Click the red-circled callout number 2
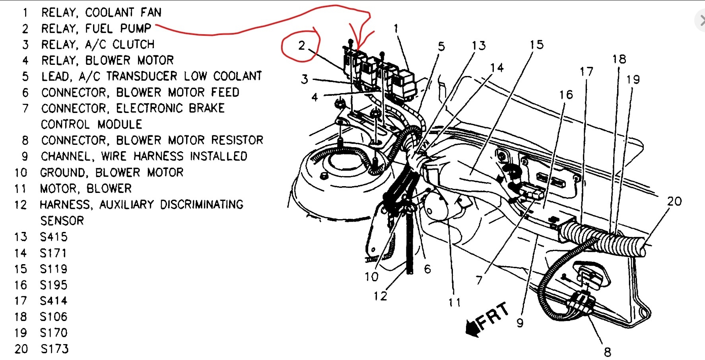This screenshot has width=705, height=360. (302, 45)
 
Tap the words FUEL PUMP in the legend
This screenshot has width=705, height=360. (118, 29)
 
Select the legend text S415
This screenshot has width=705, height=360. (54, 237)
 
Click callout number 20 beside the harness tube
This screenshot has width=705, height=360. (674, 201)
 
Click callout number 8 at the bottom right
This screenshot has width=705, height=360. (607, 352)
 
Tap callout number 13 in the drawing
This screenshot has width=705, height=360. (479, 46)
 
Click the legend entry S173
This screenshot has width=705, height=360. (54, 349)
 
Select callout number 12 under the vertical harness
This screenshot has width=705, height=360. (380, 296)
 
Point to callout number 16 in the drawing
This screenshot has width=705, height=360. (566, 95)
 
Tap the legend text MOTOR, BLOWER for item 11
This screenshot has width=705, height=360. (85, 189)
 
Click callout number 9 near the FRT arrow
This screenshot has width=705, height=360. (520, 323)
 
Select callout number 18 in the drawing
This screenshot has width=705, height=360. (619, 59)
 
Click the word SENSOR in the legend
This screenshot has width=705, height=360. (62, 221)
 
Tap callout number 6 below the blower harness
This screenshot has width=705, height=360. (427, 269)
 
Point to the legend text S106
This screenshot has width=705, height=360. (54, 317)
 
